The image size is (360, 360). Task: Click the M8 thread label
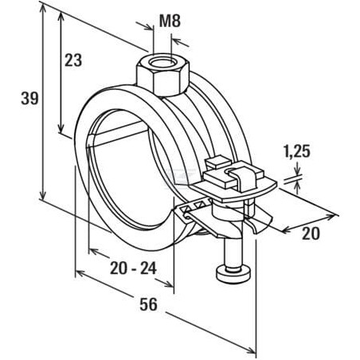tap(170, 21)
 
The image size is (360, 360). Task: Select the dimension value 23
tap(73, 61)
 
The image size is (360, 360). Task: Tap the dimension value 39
tap(29, 98)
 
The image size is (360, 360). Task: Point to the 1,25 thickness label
tap(297, 152)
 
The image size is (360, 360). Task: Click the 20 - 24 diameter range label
tap(133, 268)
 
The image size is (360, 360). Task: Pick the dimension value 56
tap(149, 304)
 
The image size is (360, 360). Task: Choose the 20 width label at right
tap(311, 233)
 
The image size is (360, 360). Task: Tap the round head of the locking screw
tap(234, 276)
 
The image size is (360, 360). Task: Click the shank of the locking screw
tap(233, 252)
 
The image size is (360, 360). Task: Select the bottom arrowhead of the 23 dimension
tap(61, 129)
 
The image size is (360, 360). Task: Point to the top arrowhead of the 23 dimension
tap(61, 17)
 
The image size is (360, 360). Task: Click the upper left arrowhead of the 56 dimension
tap(80, 273)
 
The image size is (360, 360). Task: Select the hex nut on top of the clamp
tap(162, 76)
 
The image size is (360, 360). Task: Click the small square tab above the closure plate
tap(218, 162)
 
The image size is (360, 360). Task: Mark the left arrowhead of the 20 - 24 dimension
tap(94, 251)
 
